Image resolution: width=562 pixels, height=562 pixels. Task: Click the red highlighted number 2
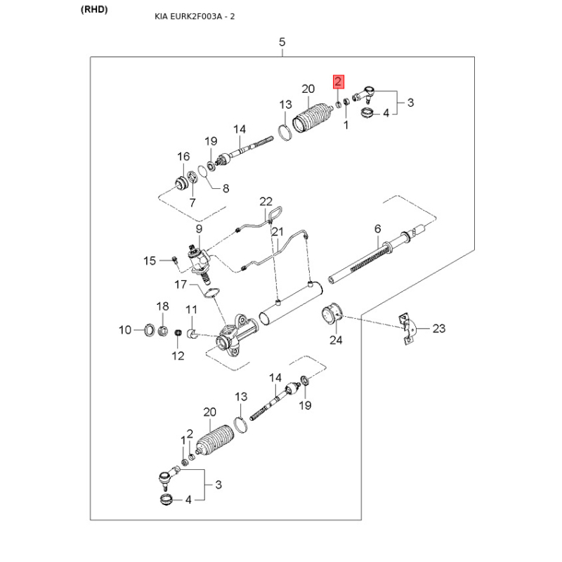[339, 81]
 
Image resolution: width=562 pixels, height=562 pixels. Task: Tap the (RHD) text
[94, 10]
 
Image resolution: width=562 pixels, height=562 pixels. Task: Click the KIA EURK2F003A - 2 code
[195, 16]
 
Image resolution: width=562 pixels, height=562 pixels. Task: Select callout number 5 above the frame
[282, 42]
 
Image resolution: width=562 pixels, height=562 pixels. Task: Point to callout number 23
[438, 328]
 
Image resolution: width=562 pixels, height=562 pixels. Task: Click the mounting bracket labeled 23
[407, 328]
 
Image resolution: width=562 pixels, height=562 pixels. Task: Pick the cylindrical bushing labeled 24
[331, 313]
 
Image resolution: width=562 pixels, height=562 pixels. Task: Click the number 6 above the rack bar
[378, 229]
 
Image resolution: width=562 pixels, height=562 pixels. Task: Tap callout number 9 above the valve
[199, 229]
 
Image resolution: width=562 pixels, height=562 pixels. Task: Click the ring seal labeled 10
[149, 329]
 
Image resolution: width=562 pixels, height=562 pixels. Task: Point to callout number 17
[181, 285]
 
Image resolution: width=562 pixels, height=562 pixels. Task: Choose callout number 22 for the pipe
[266, 202]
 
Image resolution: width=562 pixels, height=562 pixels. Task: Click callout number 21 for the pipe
[277, 232]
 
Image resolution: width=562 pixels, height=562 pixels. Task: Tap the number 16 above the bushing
[183, 157]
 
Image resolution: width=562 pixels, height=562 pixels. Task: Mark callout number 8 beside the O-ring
[226, 188]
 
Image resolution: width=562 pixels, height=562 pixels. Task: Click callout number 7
[192, 203]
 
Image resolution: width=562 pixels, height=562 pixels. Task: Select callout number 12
[178, 355]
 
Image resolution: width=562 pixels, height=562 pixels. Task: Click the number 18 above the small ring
[162, 306]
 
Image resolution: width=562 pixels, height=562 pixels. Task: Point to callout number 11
[191, 310]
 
